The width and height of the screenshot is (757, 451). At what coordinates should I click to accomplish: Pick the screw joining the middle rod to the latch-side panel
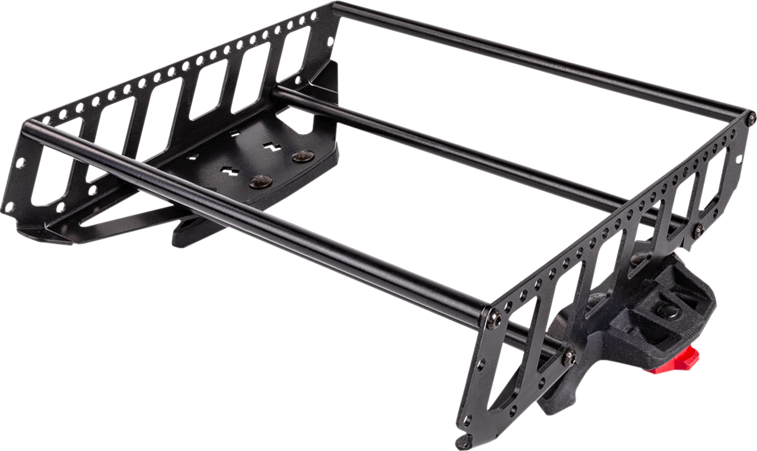tap(698, 229)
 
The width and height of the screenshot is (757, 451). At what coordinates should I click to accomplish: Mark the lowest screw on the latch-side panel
tap(569, 356)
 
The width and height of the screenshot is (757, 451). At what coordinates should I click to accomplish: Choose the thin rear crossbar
tap(532, 59)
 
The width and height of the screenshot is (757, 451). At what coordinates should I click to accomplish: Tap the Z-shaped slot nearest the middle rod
tap(271, 147)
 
